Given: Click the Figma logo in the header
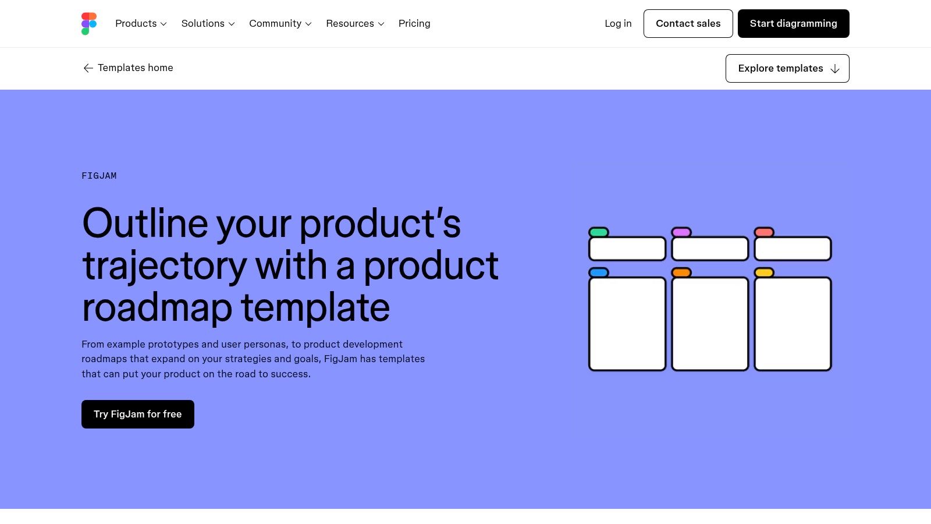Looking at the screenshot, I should (88, 24).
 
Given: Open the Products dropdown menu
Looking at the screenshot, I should (141, 24).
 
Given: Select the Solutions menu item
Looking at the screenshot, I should (208, 24).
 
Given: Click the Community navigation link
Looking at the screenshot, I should (280, 24).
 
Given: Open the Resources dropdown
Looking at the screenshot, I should (355, 24).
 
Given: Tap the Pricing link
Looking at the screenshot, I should (414, 24).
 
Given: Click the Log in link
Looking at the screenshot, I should (618, 24).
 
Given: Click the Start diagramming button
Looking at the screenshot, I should (793, 24).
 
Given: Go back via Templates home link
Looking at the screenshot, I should (128, 68).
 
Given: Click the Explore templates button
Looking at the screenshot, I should (787, 69).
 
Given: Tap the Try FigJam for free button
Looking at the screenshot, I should (138, 414).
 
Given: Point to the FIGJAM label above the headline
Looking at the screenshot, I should (99, 176).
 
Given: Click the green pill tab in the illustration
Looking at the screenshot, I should (599, 232).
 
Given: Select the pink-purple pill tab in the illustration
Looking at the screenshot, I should (681, 232).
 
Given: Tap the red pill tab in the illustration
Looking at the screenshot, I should (764, 232).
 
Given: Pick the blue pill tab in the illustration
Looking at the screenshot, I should (599, 272).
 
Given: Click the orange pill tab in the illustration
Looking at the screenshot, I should (681, 272).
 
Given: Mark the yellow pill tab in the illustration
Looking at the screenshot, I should (764, 272).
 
